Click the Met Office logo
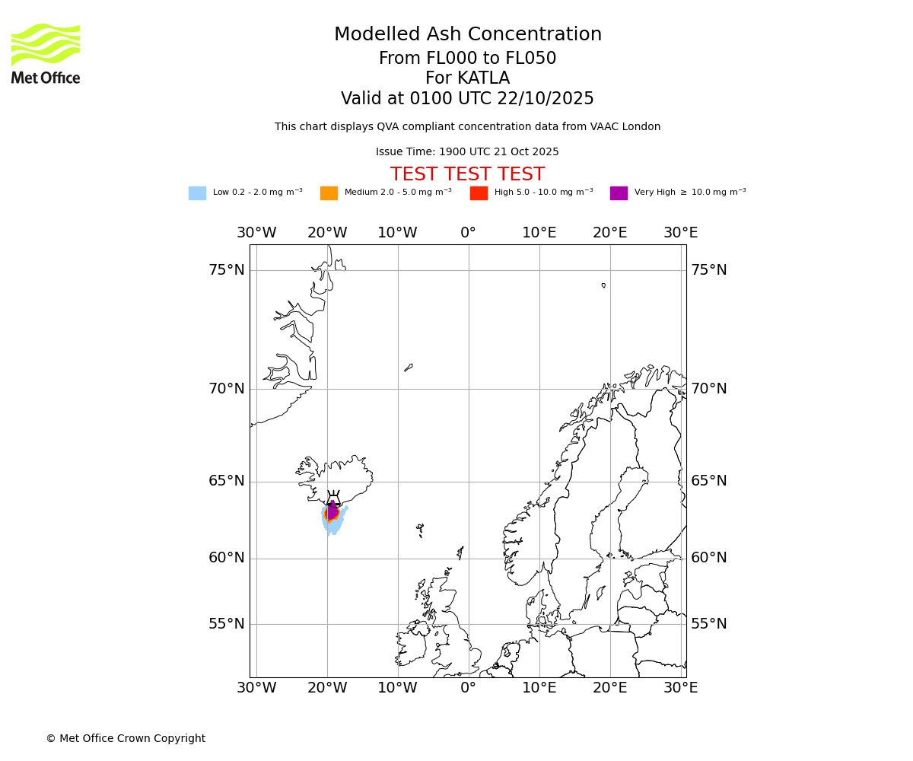pyautogui.click(x=46, y=53)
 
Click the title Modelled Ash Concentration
pyautogui.click(x=467, y=35)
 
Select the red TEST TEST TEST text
pyautogui.click(x=467, y=175)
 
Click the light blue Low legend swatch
pyautogui.click(x=197, y=193)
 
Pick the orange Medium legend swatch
pyautogui.click(x=329, y=193)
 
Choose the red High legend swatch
pyautogui.click(x=479, y=193)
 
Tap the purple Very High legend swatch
pyautogui.click(x=619, y=193)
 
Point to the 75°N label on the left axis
pyautogui.click(x=227, y=270)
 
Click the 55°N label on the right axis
pyautogui.click(x=708, y=624)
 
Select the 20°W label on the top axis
pyautogui.click(x=327, y=233)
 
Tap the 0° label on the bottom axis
pyautogui.click(x=468, y=688)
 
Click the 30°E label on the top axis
pyautogui.click(x=680, y=233)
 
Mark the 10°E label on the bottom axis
pyautogui.click(x=539, y=688)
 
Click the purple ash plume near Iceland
pyautogui.click(x=332, y=511)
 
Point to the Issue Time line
pyautogui.click(x=467, y=152)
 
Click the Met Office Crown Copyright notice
pyautogui.click(x=126, y=739)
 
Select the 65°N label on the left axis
pyautogui.click(x=227, y=481)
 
